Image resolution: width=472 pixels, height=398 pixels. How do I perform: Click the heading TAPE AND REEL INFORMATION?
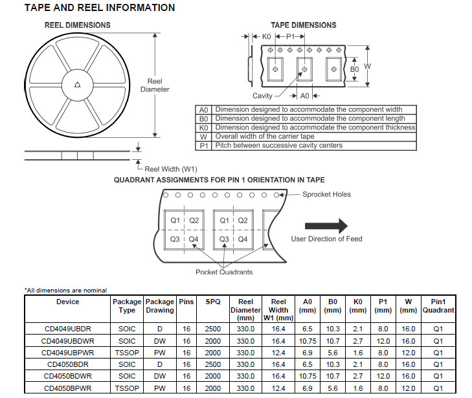tap(99, 8)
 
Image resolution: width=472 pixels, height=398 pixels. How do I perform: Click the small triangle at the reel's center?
tap(78, 83)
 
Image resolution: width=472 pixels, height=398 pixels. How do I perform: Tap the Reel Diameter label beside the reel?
tap(155, 85)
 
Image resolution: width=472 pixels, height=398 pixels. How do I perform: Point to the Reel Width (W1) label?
tap(171, 168)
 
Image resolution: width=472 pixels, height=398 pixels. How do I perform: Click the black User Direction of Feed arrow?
tap(326, 225)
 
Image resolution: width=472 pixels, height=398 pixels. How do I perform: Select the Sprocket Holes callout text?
tap(326, 194)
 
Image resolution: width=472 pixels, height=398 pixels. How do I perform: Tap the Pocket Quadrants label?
tap(224, 272)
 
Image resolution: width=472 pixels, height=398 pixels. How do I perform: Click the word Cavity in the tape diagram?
tap(262, 96)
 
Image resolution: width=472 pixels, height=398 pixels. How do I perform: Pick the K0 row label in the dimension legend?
tap(203, 127)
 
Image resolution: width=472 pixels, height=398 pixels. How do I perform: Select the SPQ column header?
tap(213, 302)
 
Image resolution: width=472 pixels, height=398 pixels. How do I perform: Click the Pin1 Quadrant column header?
tap(438, 305)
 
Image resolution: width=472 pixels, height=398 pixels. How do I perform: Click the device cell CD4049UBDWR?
tap(67, 340)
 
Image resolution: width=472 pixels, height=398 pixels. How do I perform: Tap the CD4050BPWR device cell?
tap(67, 388)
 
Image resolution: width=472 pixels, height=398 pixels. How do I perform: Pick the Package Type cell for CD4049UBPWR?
tap(127, 353)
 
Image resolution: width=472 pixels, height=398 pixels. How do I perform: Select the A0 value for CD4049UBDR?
tap(308, 329)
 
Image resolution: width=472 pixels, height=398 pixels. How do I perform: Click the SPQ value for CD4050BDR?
tap(213, 364)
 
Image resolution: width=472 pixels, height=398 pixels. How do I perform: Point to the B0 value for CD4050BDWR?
tap(333, 376)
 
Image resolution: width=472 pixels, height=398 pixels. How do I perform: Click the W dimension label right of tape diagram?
tap(366, 66)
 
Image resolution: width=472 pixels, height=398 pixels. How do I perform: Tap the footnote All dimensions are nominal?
tap(65, 290)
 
